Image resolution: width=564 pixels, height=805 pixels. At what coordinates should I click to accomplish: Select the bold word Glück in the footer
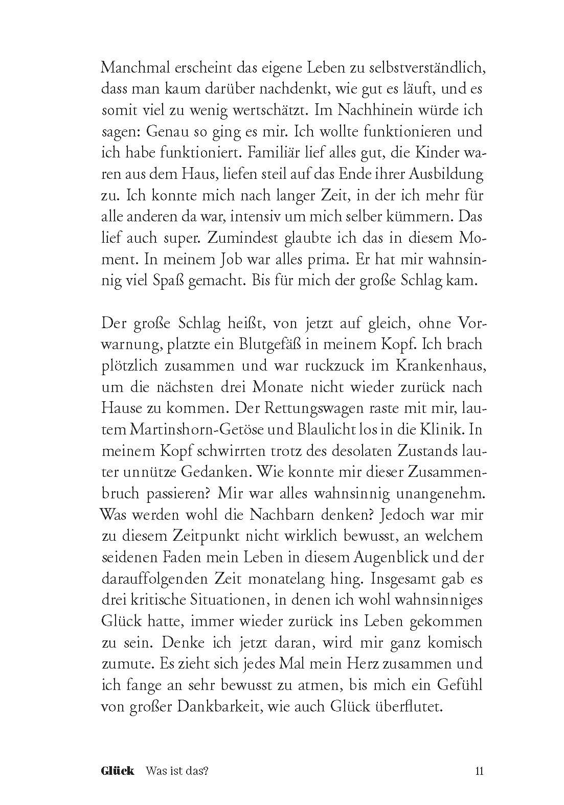point(118,756)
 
